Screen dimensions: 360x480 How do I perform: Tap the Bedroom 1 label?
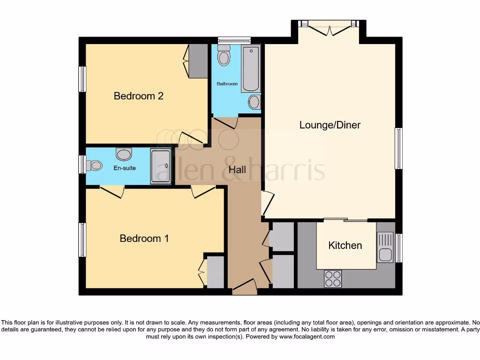coord(144,239)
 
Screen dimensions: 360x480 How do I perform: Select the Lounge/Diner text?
coord(330,125)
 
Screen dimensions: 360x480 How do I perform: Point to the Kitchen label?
coord(345,246)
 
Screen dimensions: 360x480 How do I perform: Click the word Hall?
coord(237,170)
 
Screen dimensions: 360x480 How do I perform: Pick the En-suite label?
coord(125,168)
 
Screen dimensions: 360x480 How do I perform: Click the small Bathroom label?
coord(227,84)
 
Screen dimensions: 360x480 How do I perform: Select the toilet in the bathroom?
coord(224,56)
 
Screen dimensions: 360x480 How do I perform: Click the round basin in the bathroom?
coord(255,102)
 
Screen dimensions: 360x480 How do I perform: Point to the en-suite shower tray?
coord(161,166)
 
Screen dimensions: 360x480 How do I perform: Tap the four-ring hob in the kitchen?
coord(333,279)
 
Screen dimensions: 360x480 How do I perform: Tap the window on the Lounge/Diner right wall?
coord(398,148)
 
